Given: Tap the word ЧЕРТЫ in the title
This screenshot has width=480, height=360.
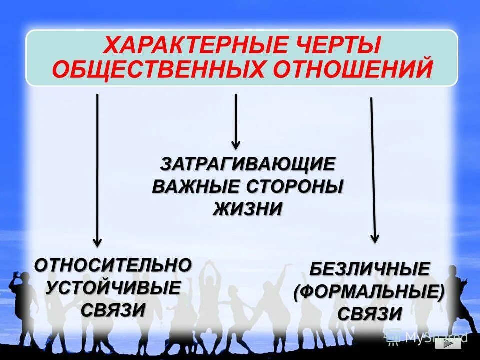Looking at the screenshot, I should (x=338, y=46).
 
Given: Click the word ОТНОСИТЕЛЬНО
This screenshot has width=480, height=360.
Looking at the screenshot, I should (x=113, y=265).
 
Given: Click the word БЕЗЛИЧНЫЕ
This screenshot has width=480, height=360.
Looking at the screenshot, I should (x=369, y=270).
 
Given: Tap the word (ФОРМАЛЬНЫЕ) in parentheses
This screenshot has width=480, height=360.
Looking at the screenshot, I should (x=369, y=292).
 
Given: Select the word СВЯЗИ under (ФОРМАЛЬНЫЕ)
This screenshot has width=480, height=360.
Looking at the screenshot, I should (x=369, y=314).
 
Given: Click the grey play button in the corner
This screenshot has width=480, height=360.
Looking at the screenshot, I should (x=448, y=344).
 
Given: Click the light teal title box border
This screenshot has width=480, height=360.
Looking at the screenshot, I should (x=242, y=30).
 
